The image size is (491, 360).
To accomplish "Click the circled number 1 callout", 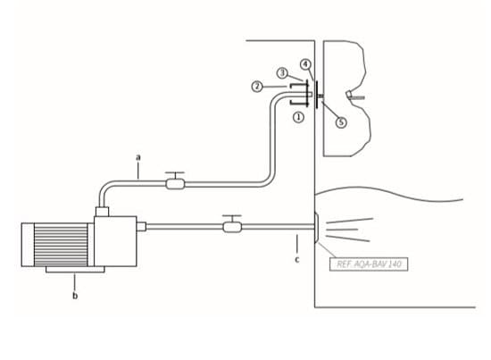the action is click(x=298, y=118).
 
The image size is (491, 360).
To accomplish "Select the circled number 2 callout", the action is click(x=257, y=87).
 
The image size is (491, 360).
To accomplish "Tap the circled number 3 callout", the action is click(x=282, y=73).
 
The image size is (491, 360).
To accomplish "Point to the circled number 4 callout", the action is click(x=305, y=64).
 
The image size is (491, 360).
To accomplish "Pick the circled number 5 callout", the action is click(x=341, y=121).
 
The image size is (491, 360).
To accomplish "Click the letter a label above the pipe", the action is click(x=138, y=157).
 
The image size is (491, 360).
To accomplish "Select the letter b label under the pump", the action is click(x=75, y=295).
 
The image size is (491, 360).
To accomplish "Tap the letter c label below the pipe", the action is click(x=297, y=259).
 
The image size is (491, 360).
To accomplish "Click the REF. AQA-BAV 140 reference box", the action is click(x=369, y=264).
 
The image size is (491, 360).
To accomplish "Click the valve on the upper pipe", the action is click(x=175, y=181).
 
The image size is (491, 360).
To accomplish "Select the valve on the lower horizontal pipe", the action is click(x=232, y=224).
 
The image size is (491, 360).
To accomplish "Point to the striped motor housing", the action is click(x=61, y=245).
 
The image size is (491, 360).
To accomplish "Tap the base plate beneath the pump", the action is click(x=75, y=270).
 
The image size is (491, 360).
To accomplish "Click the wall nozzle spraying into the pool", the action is click(x=316, y=227).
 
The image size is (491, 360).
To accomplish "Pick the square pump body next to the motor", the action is click(x=115, y=241).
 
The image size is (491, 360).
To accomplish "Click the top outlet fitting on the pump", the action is click(x=102, y=212).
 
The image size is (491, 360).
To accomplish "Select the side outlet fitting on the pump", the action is click(x=142, y=226).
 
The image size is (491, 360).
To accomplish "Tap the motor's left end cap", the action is click(x=28, y=245).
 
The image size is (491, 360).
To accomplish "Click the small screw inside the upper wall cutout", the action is click(x=355, y=96).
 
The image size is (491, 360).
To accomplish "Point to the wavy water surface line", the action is click(x=388, y=193).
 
